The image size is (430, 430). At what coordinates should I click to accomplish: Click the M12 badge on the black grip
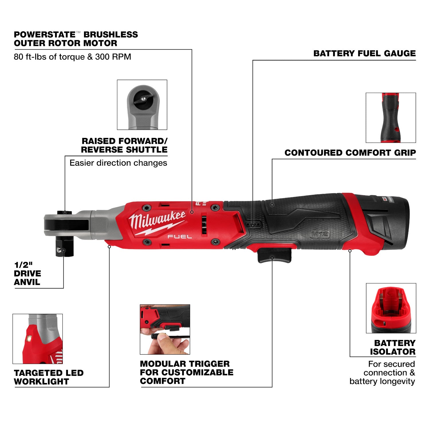pyautogui.click(x=320, y=234)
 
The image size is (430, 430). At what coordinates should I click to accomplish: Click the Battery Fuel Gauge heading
pyautogui.click(x=364, y=54)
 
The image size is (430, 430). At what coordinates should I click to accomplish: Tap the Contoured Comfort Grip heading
pyautogui.click(x=350, y=153)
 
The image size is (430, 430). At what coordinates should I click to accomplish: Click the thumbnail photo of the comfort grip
pyautogui.click(x=391, y=118)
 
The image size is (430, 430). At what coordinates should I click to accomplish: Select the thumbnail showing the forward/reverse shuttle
pyautogui.click(x=142, y=105)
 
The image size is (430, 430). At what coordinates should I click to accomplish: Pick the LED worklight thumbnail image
pyautogui.click(x=38, y=339)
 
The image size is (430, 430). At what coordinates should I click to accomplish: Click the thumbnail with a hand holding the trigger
pyautogui.click(x=165, y=329)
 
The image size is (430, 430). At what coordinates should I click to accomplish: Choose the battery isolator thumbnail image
pyautogui.click(x=391, y=308)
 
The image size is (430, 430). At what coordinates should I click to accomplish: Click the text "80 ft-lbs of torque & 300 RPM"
pyautogui.click(x=72, y=57)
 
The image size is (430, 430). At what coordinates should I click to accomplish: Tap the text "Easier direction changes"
pyautogui.click(x=118, y=163)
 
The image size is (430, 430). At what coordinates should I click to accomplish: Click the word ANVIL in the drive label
pyautogui.click(x=27, y=282)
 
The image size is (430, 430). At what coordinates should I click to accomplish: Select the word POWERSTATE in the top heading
pyautogui.click(x=44, y=35)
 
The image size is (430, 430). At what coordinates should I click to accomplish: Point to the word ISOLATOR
pyautogui.click(x=392, y=352)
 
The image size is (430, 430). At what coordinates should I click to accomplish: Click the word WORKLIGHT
pyautogui.click(x=41, y=382)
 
